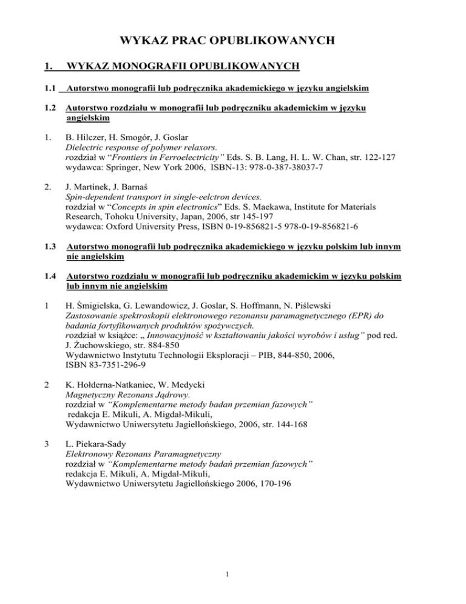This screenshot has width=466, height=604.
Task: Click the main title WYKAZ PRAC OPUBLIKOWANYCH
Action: (x=233, y=41)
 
